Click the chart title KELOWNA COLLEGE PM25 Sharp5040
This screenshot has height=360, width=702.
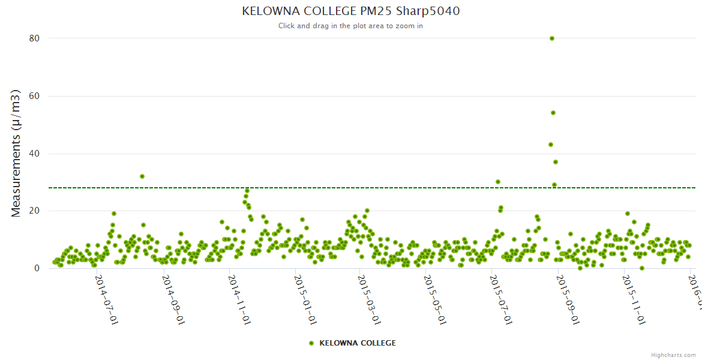pos(351,11)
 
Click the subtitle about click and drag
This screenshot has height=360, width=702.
pos(351,26)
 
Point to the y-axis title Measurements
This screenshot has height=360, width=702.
pos(16,153)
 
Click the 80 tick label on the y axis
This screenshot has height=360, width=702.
pos(34,38)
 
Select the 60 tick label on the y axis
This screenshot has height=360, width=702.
pos(34,96)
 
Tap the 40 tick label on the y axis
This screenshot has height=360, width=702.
pos(34,154)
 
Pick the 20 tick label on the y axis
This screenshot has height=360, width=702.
pos(34,211)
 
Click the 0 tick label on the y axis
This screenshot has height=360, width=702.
pos(37,268)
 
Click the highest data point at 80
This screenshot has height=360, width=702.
pos(552,38)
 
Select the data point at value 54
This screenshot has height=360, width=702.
pos(553,113)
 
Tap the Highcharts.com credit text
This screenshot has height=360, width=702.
pos(673,355)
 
